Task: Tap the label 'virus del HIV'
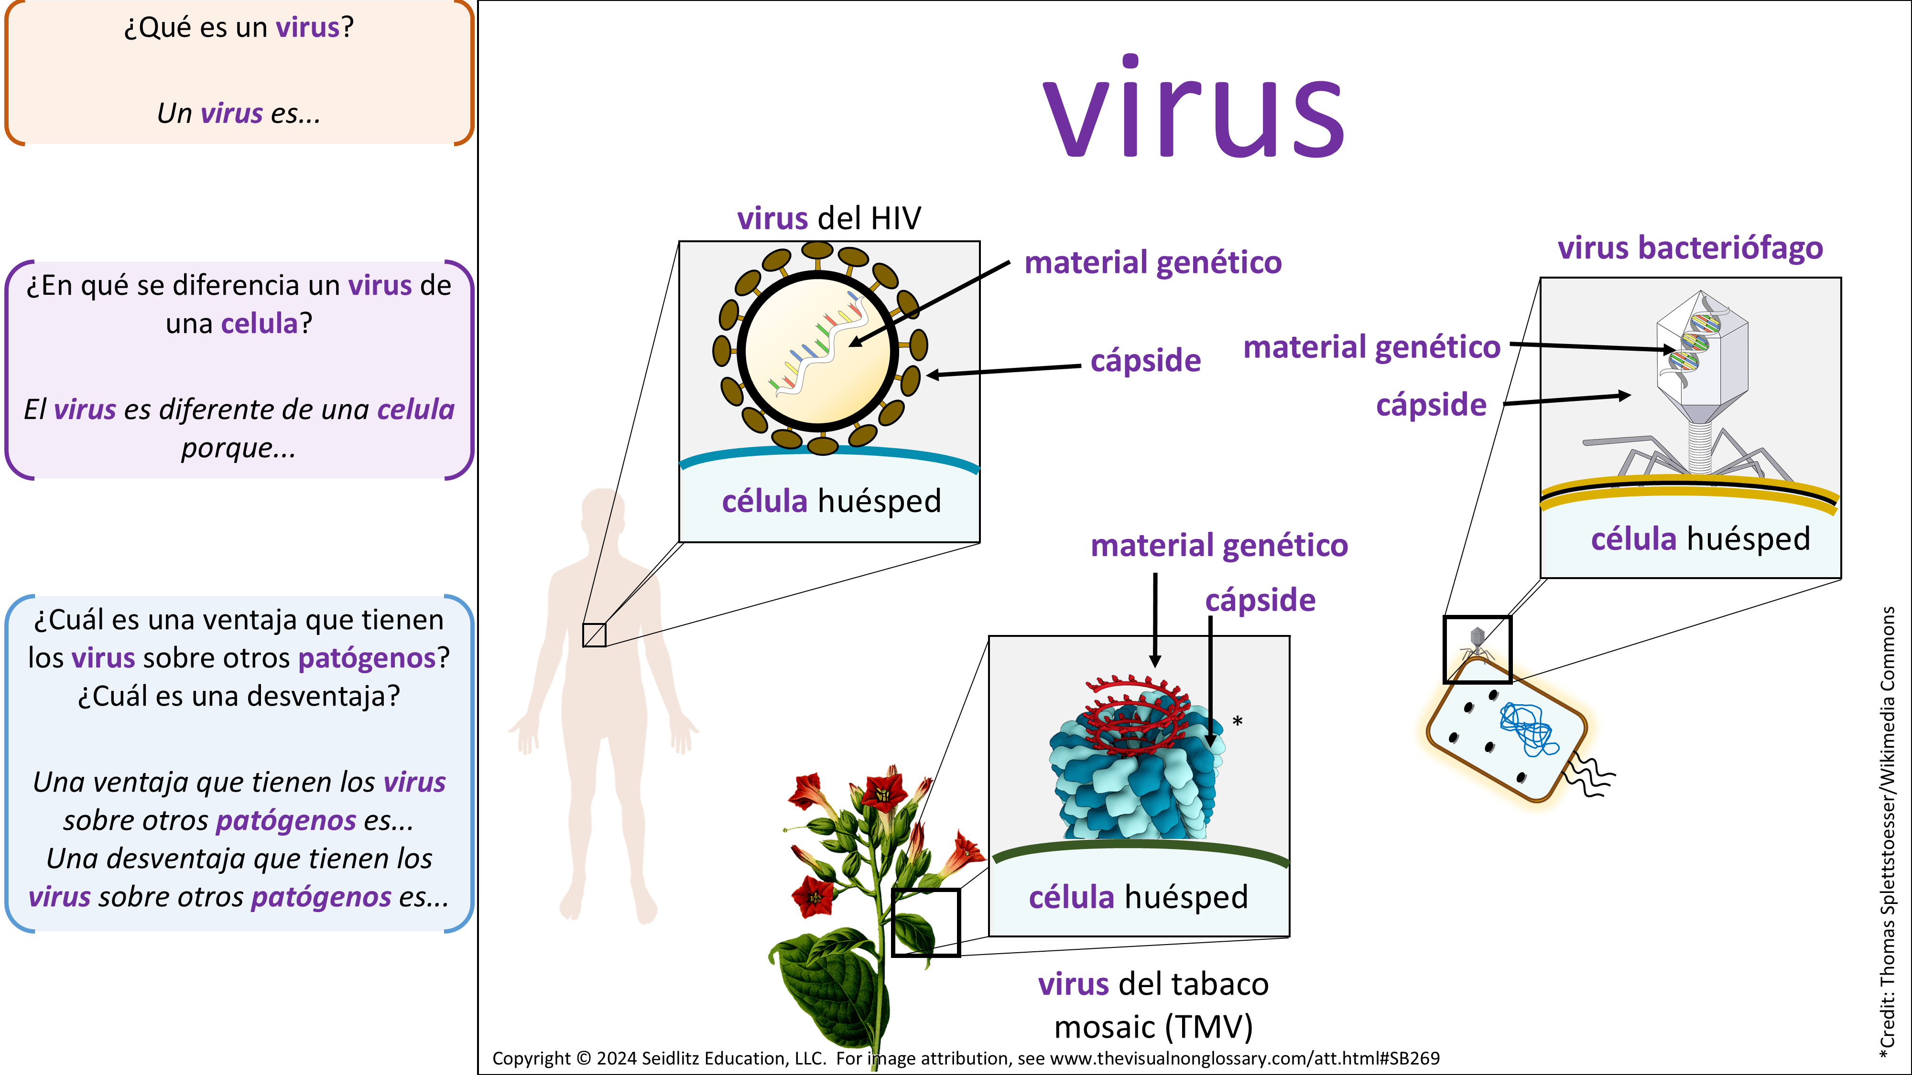pos(828,219)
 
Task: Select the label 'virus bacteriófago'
pos(1690,248)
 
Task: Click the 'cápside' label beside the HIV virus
pos(1145,361)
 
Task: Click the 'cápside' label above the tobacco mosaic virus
pos(1260,600)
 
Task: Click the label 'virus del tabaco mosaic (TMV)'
pos(1152,1005)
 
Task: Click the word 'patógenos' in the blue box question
pos(367,658)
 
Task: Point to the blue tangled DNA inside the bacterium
pos(1528,727)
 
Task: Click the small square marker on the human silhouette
pos(594,635)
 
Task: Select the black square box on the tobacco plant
pos(925,922)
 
